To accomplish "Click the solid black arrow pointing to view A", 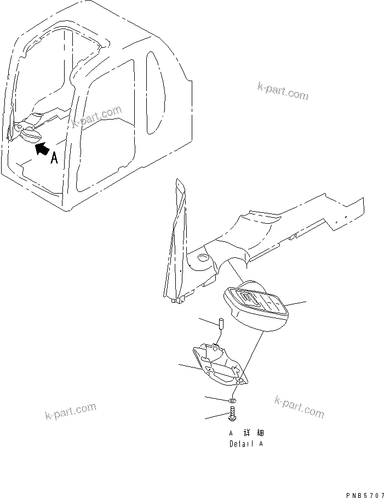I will point(41,148).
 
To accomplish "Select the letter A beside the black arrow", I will point(54,159).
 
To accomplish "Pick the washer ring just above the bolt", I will point(232,401).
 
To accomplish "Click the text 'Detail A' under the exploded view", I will point(246,444).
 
